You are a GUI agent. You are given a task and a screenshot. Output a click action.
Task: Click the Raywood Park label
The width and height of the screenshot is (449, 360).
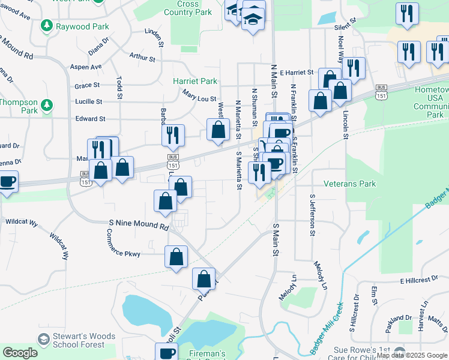point(82,26)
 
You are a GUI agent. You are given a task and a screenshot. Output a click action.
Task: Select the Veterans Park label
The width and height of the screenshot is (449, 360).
point(349,184)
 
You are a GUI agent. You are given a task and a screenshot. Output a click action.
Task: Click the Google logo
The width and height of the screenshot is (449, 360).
point(20,353)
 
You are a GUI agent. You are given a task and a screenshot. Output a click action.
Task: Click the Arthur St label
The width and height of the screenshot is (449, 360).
point(142,58)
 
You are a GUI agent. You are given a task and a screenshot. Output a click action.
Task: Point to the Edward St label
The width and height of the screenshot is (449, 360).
point(90,119)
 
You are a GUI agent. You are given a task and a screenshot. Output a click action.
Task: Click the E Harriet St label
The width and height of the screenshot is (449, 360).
point(297,72)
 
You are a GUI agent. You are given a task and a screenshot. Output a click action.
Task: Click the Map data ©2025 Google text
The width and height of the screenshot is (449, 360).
point(412,355)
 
